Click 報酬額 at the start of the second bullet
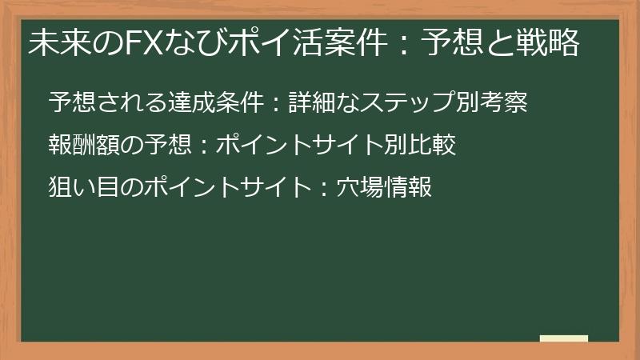81,146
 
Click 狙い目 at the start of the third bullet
81,188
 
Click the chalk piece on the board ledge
564,338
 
